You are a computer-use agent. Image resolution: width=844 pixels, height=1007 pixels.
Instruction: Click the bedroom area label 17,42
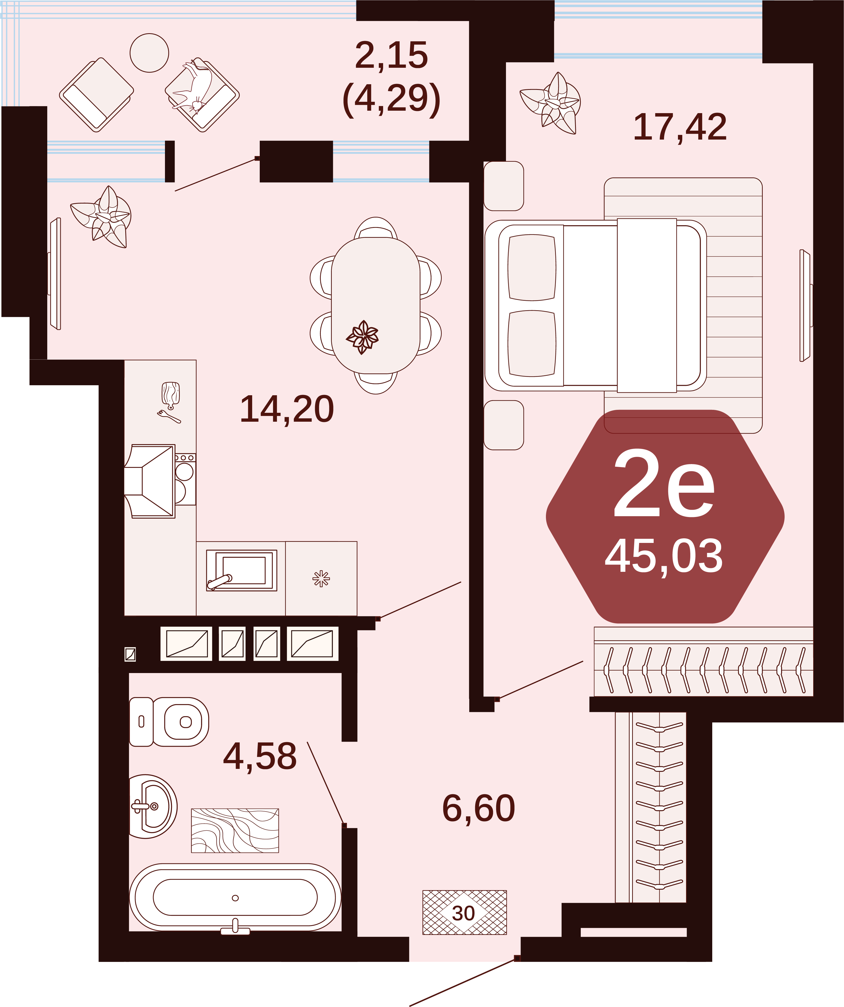pyautogui.click(x=680, y=127)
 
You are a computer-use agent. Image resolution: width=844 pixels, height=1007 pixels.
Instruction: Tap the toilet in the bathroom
pyautogui.click(x=169, y=722)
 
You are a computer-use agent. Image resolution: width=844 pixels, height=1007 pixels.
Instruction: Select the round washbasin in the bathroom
pyautogui.click(x=153, y=807)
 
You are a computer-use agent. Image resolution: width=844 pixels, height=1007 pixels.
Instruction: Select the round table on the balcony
pyautogui.click(x=149, y=53)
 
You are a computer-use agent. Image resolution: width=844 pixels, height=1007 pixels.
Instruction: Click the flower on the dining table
pyautogui.click(x=363, y=337)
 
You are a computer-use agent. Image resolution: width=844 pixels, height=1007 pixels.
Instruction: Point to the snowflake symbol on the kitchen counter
pyautogui.click(x=321, y=578)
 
